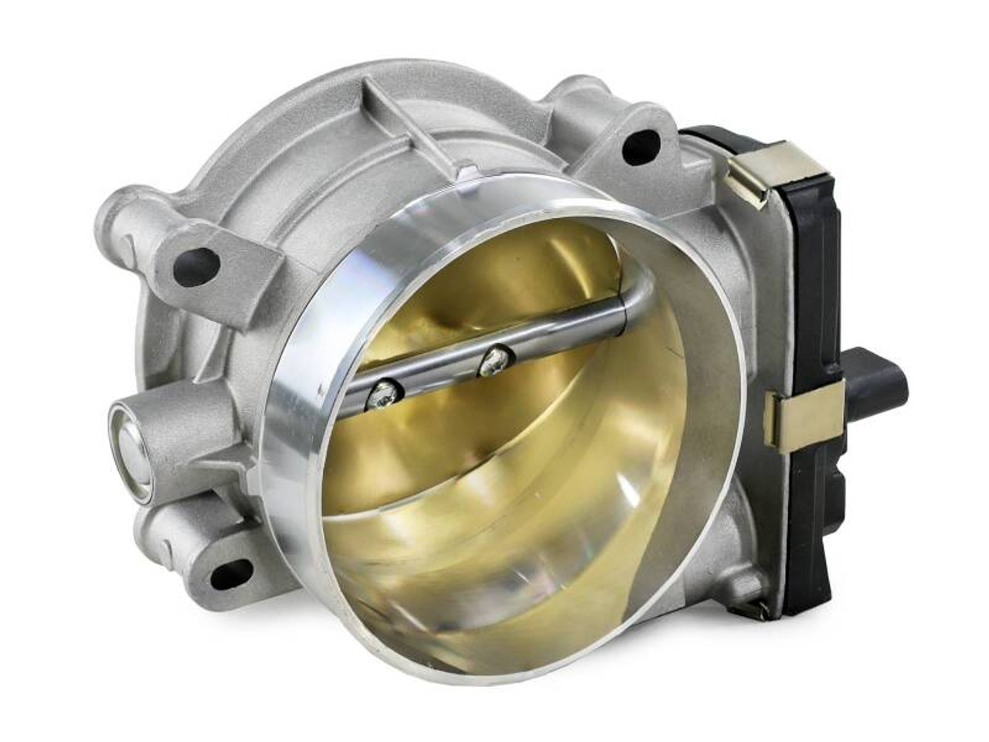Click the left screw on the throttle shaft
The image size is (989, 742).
[384, 396]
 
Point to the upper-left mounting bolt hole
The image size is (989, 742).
[196, 267]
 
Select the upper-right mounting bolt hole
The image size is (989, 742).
[641, 146]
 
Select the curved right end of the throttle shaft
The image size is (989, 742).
[634, 294]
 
